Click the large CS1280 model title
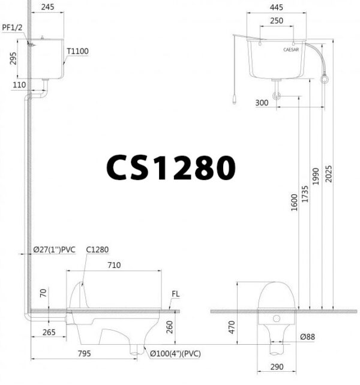170,167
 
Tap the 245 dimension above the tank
49,8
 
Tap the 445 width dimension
276,8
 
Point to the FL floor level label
175,294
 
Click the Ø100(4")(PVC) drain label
175,353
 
